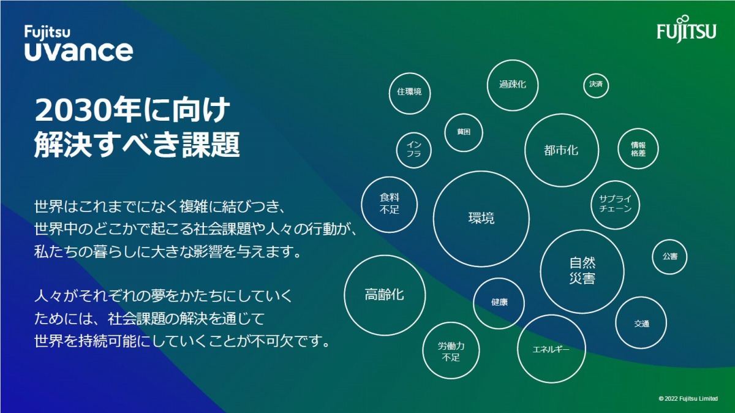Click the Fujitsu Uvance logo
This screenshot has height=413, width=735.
[79, 44]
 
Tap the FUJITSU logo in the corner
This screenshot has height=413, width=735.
[687, 29]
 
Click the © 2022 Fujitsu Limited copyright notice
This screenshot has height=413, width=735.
[688, 398]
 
